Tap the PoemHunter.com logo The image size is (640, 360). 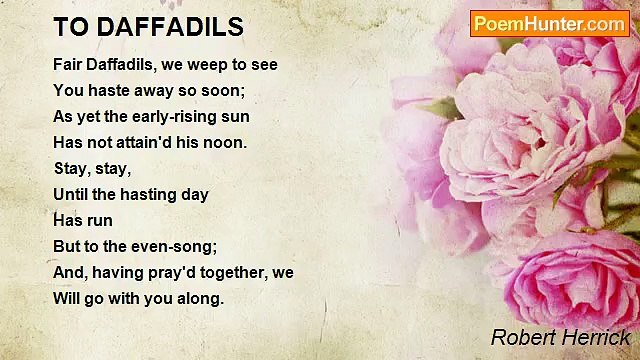[549, 24]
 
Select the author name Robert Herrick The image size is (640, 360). [561, 337]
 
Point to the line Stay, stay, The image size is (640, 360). [92, 169]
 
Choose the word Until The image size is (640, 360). [71, 195]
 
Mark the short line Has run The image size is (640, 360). [83, 221]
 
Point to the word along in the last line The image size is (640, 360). [198, 299]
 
